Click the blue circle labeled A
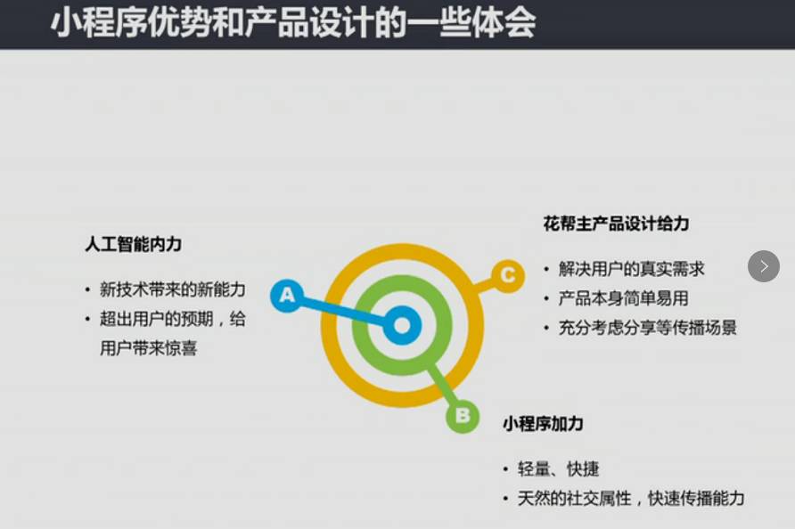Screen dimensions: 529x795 click(286, 294)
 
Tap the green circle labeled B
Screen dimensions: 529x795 click(463, 415)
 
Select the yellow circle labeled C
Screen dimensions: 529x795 click(507, 275)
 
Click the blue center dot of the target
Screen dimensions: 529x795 click(402, 326)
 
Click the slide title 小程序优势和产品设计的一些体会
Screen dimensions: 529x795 click(293, 23)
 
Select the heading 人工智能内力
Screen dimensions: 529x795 click(134, 244)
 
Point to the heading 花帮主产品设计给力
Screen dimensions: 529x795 click(616, 224)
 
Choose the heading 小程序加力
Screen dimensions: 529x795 click(543, 423)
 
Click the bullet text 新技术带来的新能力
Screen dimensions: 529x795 click(172, 289)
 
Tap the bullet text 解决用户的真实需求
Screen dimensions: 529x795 click(631, 269)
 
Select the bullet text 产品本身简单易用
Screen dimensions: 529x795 click(623, 298)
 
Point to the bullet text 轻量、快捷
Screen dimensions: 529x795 click(558, 468)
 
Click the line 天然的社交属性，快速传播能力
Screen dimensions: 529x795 click(630, 498)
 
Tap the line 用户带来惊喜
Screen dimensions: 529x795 click(148, 348)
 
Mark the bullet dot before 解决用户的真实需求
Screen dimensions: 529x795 click(546, 269)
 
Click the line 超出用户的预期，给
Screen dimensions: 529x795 click(172, 319)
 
